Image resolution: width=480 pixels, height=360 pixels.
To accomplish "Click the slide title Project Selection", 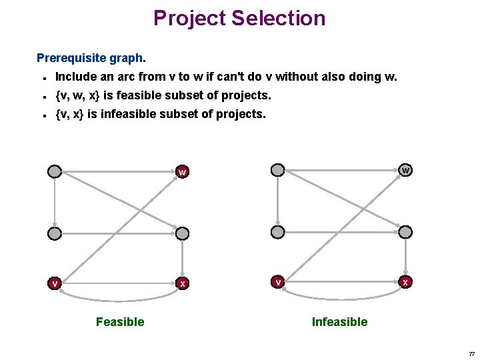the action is point(239,18).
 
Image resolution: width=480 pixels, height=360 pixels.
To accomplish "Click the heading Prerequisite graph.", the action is point(91,58).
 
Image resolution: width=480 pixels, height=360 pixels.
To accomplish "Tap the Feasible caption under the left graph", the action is point(120,322).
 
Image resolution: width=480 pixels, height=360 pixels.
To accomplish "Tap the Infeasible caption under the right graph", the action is point(339,322).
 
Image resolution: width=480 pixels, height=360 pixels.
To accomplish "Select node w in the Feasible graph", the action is point(182,173).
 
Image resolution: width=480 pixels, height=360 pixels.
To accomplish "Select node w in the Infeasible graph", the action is point(405,170).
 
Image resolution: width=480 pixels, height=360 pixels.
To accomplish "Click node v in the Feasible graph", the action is point(55,283).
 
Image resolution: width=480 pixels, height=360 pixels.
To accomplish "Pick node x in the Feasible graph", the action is point(182,283).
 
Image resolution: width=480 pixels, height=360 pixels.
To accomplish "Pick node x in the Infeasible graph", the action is point(405,281).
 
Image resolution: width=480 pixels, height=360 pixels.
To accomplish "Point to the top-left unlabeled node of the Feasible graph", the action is point(55,172).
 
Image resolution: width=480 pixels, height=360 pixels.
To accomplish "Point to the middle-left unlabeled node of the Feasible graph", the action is point(55,233).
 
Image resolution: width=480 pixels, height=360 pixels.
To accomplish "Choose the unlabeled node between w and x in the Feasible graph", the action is point(182,233).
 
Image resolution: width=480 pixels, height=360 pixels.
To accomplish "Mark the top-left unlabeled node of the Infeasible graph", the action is point(278,170).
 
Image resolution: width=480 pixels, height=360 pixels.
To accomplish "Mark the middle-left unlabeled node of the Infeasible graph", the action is point(278,231).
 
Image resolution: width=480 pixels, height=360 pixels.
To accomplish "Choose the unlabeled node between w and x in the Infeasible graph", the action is point(405,231).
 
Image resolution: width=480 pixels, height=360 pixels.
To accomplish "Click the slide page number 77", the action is point(471,353).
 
